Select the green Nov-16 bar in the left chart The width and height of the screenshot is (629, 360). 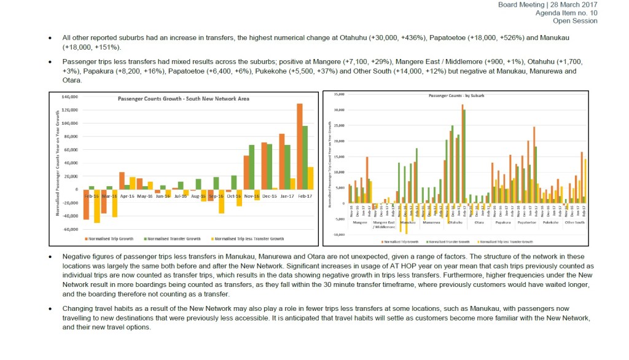252,167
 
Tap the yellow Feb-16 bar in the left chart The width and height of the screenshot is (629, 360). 96,206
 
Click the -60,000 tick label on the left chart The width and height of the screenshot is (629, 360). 71,229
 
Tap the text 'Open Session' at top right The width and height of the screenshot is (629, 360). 575,21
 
